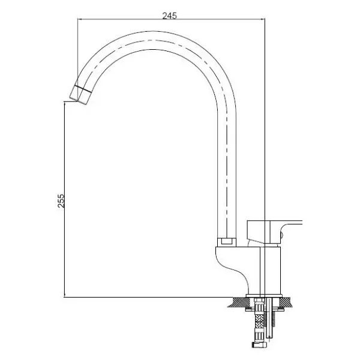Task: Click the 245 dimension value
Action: (x=170, y=16)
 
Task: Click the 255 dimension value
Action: (x=61, y=201)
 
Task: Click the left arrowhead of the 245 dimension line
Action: (x=80, y=19)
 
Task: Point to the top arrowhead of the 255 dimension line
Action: (x=65, y=104)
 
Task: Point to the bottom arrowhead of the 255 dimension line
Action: (x=65, y=295)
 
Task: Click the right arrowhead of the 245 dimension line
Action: (x=263, y=19)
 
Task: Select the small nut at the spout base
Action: (x=227, y=242)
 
